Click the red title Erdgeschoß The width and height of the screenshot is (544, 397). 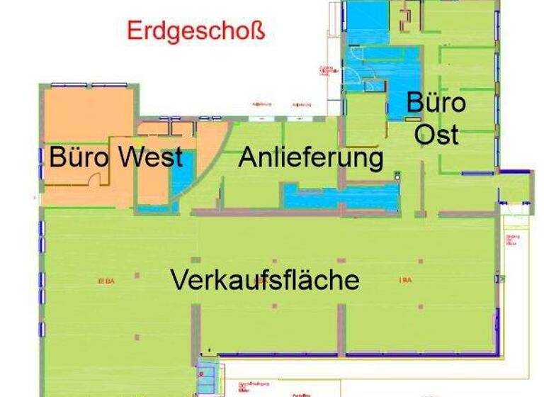pos(195,31)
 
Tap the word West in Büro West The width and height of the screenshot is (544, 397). pos(149,157)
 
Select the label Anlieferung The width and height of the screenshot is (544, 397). pos(310,157)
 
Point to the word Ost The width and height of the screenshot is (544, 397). pos(436,134)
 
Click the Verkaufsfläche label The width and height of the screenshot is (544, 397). pos(264,279)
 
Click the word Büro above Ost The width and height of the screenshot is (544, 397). pos(436,104)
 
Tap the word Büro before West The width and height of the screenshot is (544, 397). pos(79,157)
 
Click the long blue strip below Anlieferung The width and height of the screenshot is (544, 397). pos(341,196)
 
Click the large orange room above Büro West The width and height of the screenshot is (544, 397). pos(89,113)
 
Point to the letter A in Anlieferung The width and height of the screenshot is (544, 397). pos(247,157)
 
